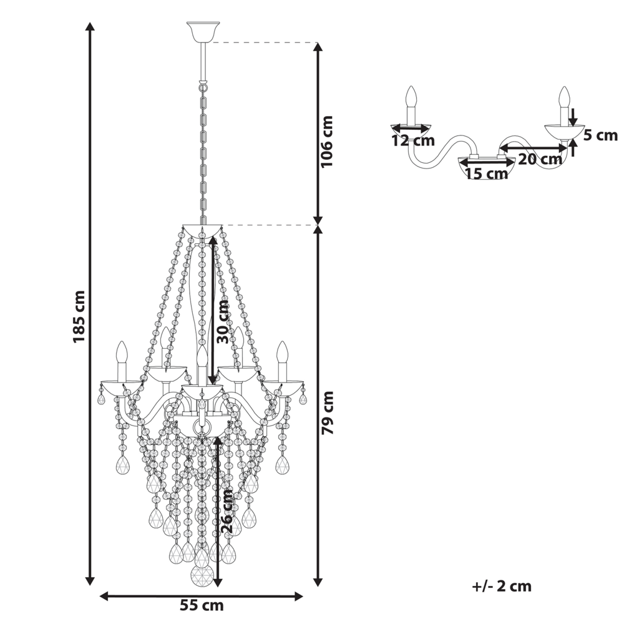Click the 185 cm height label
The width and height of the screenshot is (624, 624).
[79, 316]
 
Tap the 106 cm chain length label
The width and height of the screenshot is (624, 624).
[326, 142]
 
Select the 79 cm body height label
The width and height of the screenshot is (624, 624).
[328, 412]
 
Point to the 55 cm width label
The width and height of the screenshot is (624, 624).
[202, 605]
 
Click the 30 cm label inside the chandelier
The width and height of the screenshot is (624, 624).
[223, 322]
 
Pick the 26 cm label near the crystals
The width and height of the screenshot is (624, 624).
[227, 512]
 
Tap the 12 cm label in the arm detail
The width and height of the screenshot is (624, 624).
[413, 140]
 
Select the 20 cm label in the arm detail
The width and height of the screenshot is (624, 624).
[540, 159]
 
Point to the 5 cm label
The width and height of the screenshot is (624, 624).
[600, 135]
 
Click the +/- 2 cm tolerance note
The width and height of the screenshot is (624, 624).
[502, 586]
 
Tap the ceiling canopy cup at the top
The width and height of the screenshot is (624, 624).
[203, 32]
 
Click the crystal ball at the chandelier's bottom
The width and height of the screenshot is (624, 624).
[202, 575]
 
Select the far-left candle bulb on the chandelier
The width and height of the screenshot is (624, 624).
[122, 352]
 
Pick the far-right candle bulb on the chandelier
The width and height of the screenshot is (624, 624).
[282, 352]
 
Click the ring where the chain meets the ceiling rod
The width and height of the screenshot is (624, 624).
[203, 86]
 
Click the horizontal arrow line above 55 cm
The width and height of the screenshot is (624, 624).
[202, 596]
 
